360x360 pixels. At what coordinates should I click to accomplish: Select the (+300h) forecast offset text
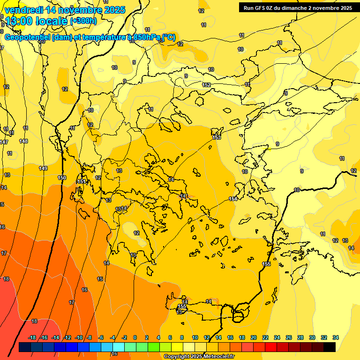tap(83, 21)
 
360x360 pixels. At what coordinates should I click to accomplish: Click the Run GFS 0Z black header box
tap(298, 7)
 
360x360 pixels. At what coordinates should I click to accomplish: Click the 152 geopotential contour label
tap(206, 85)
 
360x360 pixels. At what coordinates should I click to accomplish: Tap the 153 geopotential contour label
tap(217, 137)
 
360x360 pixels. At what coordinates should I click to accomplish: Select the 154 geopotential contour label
tap(233, 199)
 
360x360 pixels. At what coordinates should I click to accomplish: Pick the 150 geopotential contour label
tap(62, 178)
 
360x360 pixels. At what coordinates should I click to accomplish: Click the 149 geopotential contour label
tap(43, 168)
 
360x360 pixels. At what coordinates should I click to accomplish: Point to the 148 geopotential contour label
tap(24, 141)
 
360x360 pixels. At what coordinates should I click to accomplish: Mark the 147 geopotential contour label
tap(4, 142)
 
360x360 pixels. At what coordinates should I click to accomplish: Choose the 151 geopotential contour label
tap(82, 182)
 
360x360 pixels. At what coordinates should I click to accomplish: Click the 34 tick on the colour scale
tap(335, 337)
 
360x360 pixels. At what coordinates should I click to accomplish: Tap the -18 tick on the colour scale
tap(32, 337)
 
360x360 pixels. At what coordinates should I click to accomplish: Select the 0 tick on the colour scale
tap(135, 337)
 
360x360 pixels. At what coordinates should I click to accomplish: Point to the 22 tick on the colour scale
tap(265, 337)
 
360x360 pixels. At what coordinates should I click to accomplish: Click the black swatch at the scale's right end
tap(330, 347)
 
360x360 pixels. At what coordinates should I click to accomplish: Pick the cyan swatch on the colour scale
tap(119, 347)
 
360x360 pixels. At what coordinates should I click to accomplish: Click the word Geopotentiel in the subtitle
tap(28, 37)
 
